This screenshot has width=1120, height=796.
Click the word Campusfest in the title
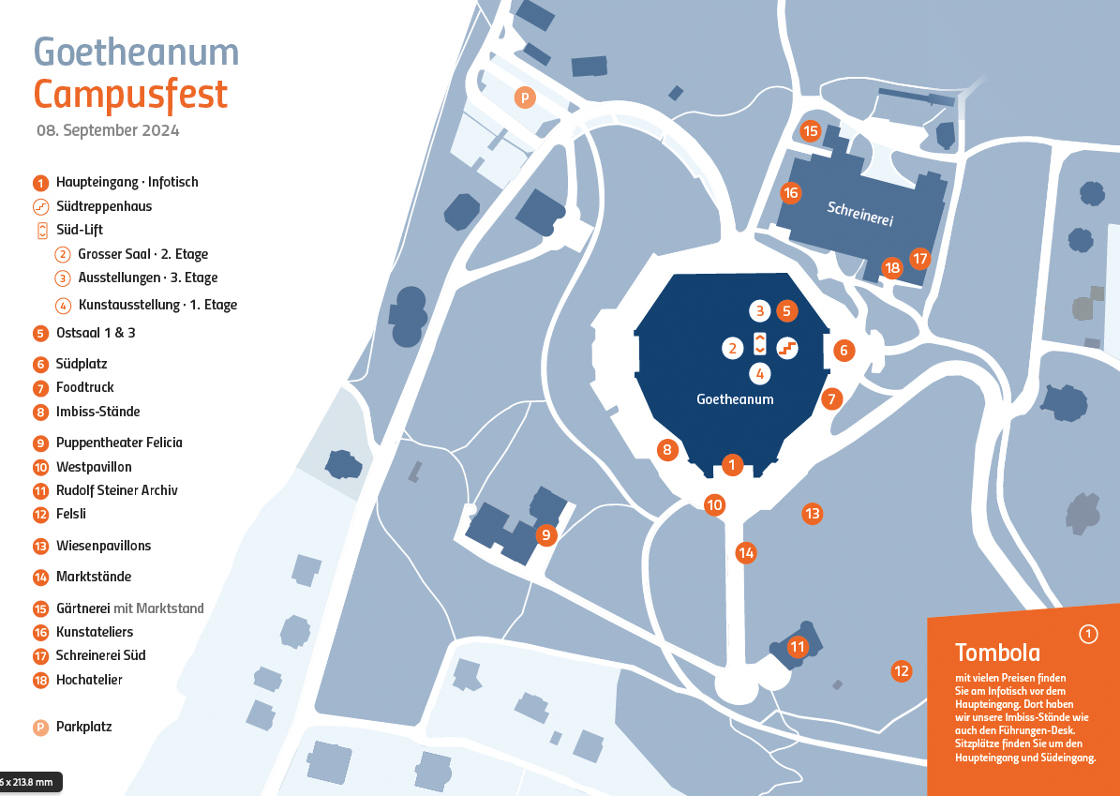coord(130,95)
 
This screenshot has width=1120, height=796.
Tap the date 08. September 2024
coord(108,130)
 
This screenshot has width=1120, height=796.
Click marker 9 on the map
coord(545,534)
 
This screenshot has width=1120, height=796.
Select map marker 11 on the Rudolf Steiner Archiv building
coord(797,647)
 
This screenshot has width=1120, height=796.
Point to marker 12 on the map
coord(902,671)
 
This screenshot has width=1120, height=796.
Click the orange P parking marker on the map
coord(525,98)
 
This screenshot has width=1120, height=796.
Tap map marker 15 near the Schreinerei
coord(809,130)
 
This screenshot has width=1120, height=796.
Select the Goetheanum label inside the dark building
coord(735,399)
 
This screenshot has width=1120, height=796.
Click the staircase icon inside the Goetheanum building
coord(787,348)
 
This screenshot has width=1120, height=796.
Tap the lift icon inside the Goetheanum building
coord(760,344)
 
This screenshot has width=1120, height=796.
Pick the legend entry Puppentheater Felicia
coord(119,443)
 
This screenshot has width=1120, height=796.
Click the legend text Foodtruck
coord(85,387)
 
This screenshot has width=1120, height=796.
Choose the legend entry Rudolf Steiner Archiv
coord(116,490)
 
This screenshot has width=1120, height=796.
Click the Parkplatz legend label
coord(83,727)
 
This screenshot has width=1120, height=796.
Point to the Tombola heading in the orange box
coord(997,653)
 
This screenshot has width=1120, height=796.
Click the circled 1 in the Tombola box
coord(1088,634)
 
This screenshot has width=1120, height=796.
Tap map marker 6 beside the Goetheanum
coord(844,350)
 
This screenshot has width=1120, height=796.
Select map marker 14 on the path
coord(746,552)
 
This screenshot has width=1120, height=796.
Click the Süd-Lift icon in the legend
coord(42,230)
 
